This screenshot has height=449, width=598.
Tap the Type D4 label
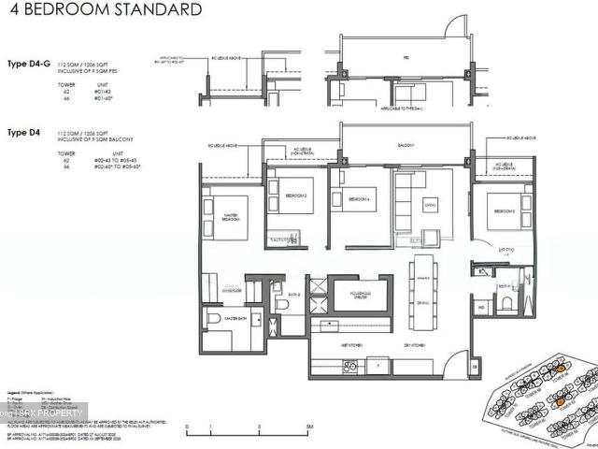click(x=24, y=132)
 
